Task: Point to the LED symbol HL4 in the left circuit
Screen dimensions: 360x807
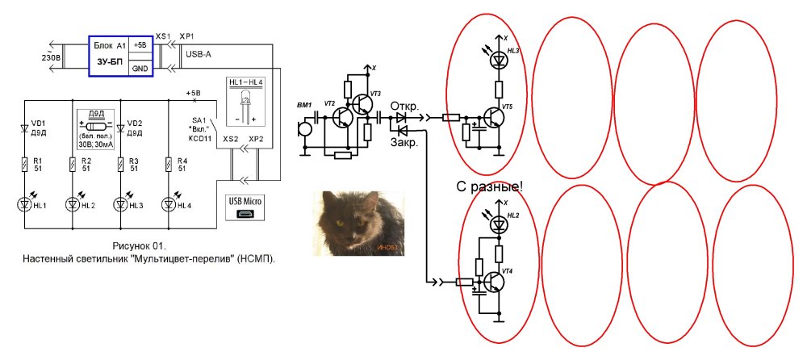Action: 169,203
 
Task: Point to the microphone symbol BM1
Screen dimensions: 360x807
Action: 305,128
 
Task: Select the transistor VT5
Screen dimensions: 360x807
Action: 494,118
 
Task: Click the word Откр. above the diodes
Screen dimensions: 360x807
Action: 404,106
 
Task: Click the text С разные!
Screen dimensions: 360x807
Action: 490,187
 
